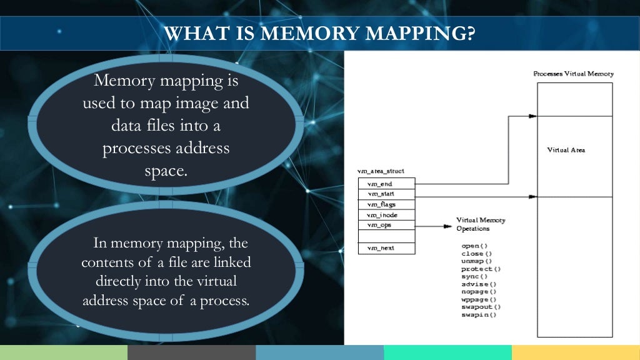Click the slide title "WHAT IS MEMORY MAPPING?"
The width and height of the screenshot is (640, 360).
coord(319,32)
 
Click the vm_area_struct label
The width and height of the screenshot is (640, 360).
coord(381,171)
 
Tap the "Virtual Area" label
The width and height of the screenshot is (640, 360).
coord(566,150)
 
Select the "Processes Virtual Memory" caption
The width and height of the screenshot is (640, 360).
coord(573,74)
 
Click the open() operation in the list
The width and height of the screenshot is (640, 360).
coord(474,246)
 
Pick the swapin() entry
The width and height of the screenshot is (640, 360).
coord(479,315)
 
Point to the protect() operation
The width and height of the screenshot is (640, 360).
coord(481,269)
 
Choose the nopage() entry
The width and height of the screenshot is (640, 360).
coord(479,292)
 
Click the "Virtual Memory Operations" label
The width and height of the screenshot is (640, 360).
coord(481,224)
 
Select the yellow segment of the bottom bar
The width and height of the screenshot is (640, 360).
coord(576,352)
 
